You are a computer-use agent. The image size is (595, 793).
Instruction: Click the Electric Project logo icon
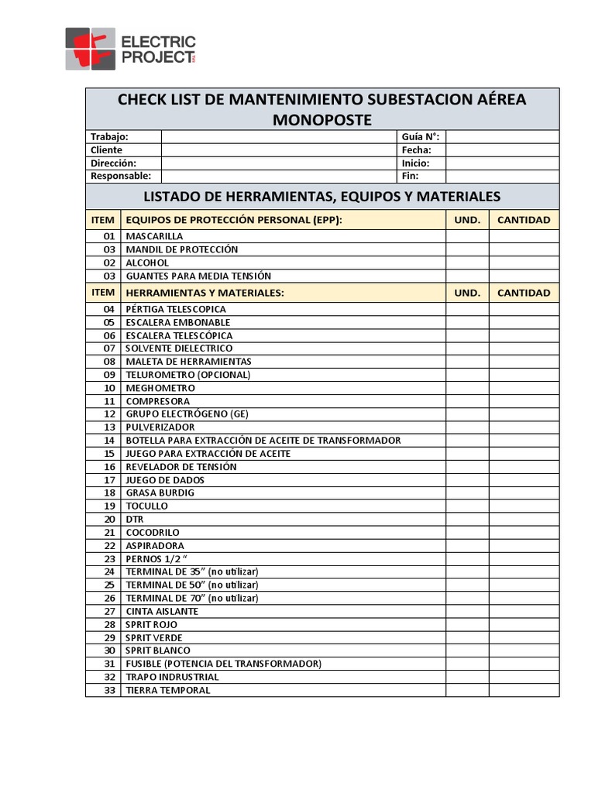[90, 49]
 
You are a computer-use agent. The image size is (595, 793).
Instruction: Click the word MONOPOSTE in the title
[322, 119]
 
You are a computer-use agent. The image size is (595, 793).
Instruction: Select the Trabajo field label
[109, 136]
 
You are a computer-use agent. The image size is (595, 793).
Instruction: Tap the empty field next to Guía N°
[501, 136]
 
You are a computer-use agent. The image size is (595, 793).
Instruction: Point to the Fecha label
[416, 149]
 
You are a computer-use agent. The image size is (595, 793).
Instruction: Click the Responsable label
[120, 176]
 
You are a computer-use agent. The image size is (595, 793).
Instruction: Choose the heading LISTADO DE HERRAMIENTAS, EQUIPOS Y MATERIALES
[322, 196]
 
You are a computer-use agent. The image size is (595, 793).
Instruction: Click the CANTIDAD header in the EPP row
[524, 220]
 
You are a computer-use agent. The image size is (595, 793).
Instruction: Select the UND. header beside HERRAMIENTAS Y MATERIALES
[466, 293]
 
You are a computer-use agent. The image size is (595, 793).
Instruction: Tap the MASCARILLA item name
[155, 236]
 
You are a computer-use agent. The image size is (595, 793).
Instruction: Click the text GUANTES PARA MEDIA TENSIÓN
[198, 276]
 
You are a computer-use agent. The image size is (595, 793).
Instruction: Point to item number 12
[109, 414]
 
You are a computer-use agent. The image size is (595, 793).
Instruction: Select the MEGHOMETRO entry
[160, 388]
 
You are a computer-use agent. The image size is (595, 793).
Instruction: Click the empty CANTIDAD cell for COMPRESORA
[524, 401]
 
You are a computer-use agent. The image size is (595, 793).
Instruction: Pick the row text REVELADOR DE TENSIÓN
[181, 467]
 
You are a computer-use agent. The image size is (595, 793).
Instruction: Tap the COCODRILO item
[153, 533]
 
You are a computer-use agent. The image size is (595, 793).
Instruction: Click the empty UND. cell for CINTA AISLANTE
[466, 611]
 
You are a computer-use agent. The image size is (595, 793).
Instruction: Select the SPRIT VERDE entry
[154, 637]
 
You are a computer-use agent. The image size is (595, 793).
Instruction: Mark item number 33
[109, 690]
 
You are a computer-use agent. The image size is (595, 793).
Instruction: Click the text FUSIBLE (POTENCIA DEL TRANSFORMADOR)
[223, 664]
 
